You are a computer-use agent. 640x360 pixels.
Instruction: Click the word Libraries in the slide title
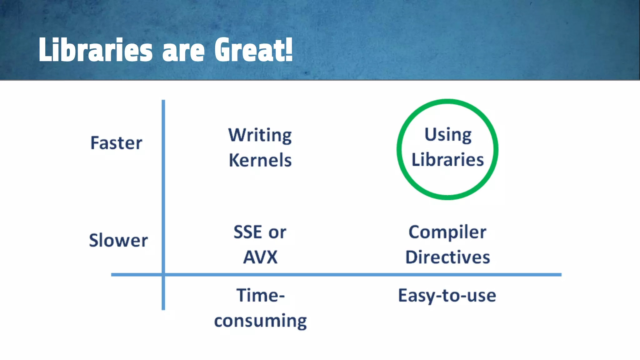coord(95,50)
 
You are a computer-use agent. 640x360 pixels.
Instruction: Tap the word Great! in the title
coord(253,50)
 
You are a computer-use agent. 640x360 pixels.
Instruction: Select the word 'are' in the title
coord(183,52)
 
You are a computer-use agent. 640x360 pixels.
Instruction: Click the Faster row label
coord(116,143)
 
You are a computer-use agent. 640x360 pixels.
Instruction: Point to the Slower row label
coord(118,240)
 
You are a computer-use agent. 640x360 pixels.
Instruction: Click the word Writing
coord(260,135)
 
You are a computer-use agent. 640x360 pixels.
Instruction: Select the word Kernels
coord(260,160)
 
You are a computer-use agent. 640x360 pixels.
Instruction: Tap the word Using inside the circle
coord(448,135)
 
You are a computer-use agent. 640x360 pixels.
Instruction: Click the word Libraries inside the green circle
coord(447,160)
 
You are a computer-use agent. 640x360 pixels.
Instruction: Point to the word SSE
coord(247,232)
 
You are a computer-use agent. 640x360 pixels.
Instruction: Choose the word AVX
coord(260,257)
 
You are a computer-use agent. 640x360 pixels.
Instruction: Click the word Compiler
coord(447,232)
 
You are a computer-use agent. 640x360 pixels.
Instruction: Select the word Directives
coord(447,257)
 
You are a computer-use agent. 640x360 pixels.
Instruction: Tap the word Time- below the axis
coord(260,295)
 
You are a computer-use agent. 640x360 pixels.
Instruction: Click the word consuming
coord(260,321)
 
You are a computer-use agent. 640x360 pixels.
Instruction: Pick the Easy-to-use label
coord(447,296)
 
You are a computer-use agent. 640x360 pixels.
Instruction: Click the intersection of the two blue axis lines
coord(163,275)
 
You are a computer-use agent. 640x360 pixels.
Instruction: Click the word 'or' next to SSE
coord(277,233)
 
